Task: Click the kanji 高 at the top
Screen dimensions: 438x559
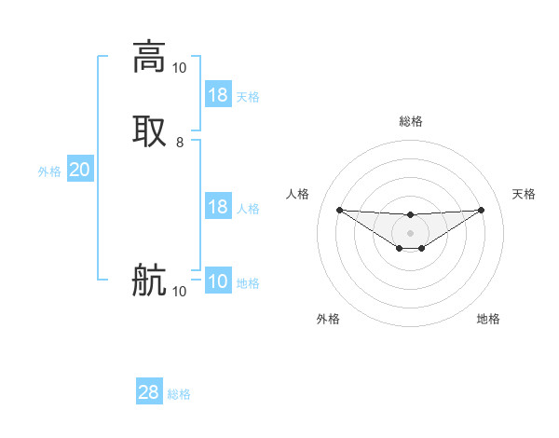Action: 149,57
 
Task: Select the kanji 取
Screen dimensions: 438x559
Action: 149,130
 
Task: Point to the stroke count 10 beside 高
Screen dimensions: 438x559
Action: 179,68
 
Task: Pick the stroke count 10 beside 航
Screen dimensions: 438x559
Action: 179,292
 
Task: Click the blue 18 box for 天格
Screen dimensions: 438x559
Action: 218,95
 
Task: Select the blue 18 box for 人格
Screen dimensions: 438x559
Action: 218,207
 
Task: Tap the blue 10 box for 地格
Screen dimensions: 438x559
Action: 218,282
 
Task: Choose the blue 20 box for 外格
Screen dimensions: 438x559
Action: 80,170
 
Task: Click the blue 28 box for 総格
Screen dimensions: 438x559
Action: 149,392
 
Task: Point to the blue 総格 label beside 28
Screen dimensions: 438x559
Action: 180,394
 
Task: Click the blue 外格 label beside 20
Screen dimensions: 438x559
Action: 49,171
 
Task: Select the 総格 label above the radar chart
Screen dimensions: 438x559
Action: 411,121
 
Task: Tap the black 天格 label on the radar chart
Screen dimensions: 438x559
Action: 525,194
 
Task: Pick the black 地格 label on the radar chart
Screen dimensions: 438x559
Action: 488,319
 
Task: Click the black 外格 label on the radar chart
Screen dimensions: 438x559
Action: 328,319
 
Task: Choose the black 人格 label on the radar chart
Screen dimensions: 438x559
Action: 297,194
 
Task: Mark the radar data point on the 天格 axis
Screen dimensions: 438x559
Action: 482,210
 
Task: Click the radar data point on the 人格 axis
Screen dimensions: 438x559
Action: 339,210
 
